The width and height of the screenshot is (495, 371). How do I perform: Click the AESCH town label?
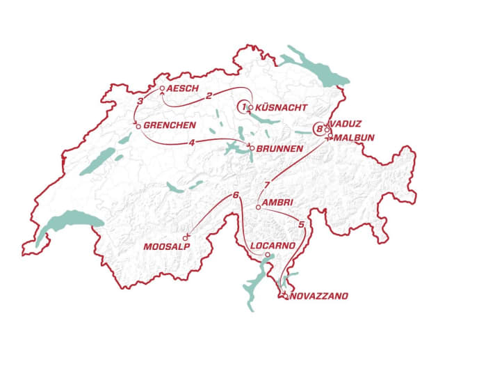click(x=184, y=88)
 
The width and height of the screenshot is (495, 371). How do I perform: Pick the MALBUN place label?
click(x=353, y=138)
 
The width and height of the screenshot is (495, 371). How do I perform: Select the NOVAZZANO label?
click(x=319, y=297)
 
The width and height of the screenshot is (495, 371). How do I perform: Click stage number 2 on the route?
click(x=209, y=97)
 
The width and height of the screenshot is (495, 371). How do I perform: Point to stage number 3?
click(x=140, y=102)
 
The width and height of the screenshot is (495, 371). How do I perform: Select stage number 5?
click(x=301, y=224)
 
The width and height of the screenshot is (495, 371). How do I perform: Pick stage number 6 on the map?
click(x=236, y=195)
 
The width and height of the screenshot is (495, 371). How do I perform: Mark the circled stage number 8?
click(x=319, y=128)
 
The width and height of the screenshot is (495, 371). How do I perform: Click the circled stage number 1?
click(x=244, y=106)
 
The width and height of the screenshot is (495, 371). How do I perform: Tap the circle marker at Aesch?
click(x=162, y=89)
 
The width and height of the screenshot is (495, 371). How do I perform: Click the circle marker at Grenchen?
click(x=138, y=126)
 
